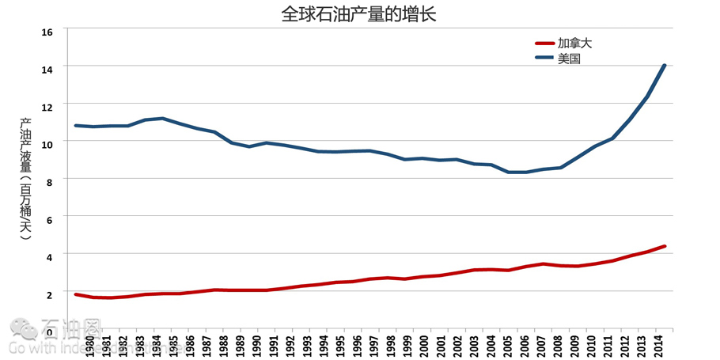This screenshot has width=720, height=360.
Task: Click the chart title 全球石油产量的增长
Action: click(358, 13)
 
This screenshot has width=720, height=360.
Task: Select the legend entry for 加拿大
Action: click(574, 44)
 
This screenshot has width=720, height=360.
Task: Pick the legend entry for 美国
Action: click(569, 59)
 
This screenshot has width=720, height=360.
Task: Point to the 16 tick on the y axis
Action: click(47, 32)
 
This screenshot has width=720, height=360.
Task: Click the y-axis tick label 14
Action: click(47, 69)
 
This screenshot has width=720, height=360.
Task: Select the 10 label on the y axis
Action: click(47, 143)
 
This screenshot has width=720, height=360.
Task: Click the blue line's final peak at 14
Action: click(665, 66)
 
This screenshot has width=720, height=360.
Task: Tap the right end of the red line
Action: click(665, 246)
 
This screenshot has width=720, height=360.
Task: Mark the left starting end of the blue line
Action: click(76, 125)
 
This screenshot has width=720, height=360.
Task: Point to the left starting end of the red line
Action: click(76, 294)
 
